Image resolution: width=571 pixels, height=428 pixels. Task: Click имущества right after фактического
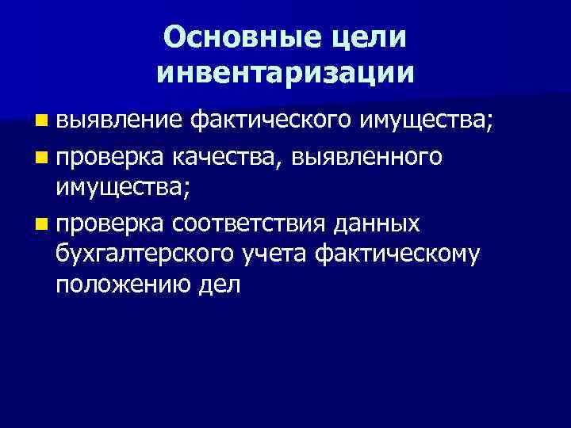(426, 121)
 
